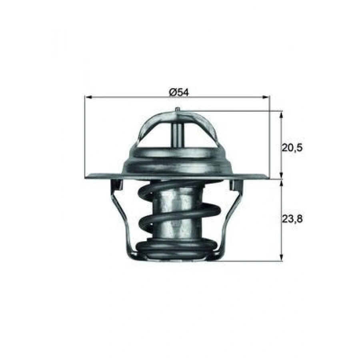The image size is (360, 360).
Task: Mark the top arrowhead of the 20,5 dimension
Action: [282, 114]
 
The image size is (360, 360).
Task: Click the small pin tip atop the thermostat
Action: [177, 109]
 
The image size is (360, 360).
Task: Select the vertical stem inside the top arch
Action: [177, 134]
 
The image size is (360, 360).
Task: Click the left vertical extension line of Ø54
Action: [85, 136]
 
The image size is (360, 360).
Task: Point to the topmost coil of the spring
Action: [176, 186]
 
